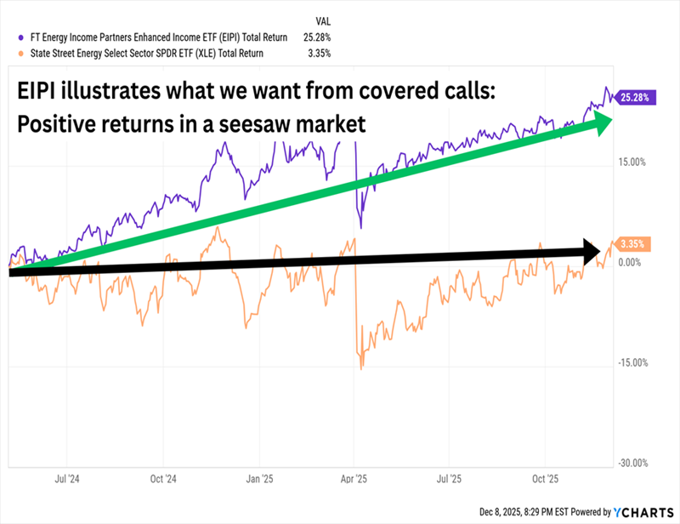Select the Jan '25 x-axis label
pos(258,479)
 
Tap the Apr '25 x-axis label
pos(354,479)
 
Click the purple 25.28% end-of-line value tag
pos(635,97)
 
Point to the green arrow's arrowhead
pos(598,123)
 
